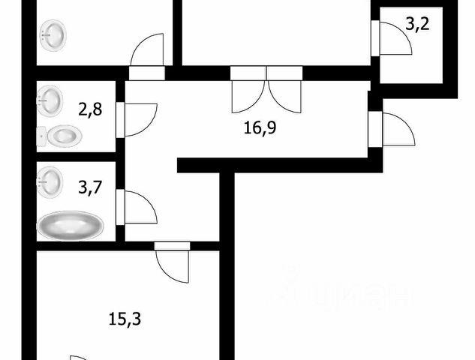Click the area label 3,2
418,25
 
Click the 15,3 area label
125,319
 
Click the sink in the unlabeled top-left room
53,34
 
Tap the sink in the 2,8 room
50,100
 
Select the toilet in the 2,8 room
60,136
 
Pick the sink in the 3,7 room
50,181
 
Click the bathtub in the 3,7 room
71,225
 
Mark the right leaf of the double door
285,94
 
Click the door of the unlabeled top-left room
146,52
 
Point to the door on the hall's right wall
395,130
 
